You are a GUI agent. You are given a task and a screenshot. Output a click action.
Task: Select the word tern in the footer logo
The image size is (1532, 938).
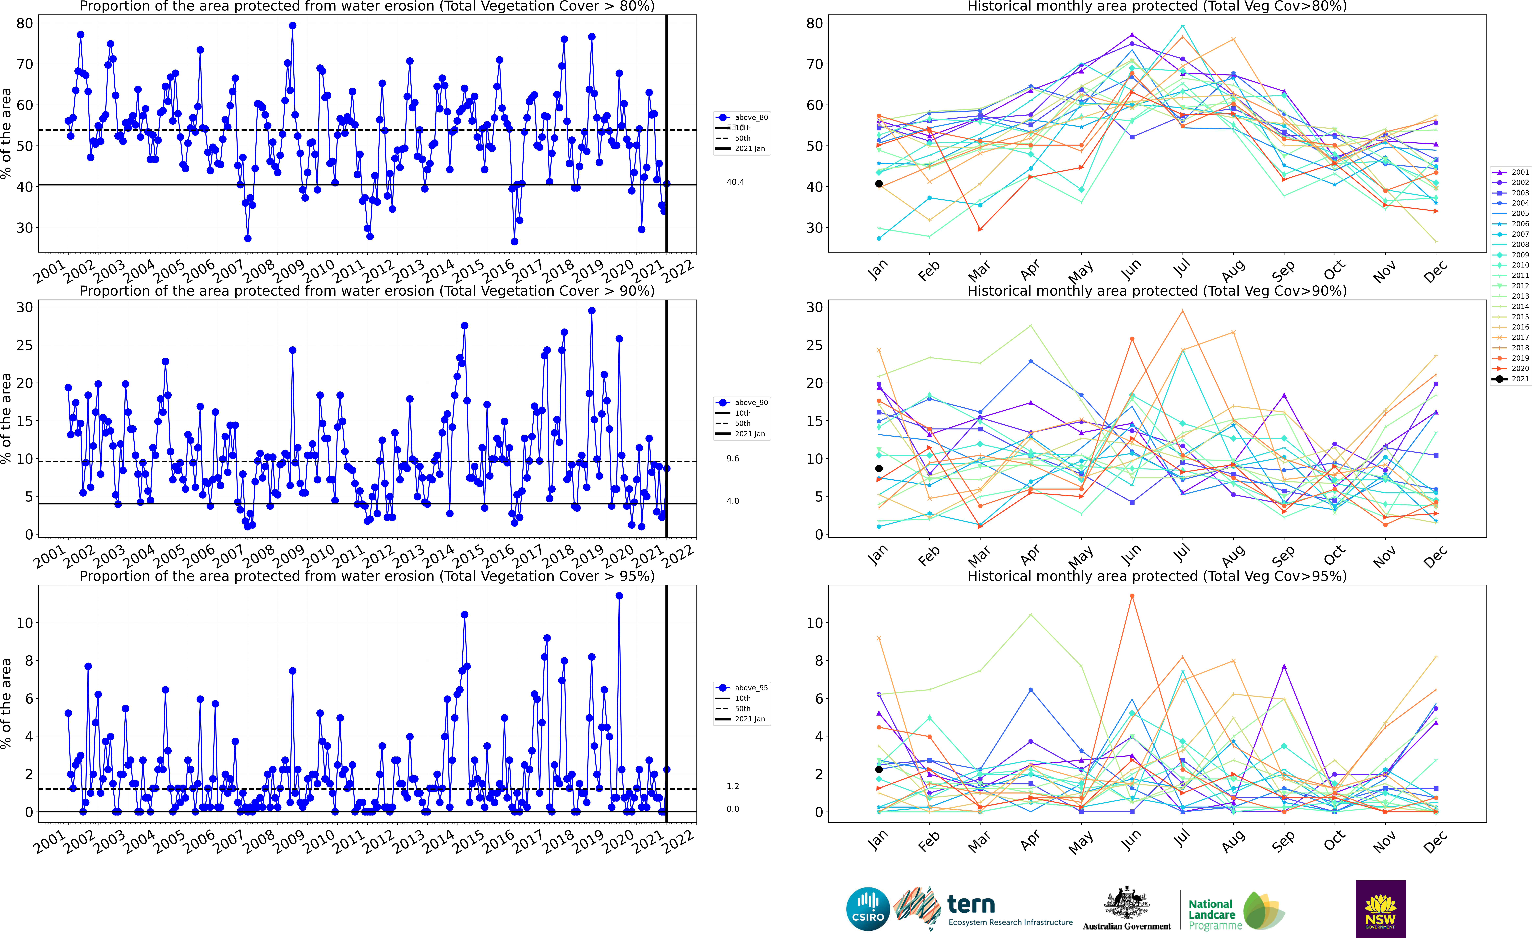click(x=971, y=904)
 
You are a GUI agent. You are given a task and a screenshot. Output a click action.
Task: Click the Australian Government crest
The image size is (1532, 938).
click(x=1127, y=903)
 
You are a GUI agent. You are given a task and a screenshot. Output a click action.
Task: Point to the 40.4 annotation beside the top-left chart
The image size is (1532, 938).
click(x=736, y=182)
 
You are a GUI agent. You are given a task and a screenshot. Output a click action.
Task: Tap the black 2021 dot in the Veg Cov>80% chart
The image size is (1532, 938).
click(x=879, y=183)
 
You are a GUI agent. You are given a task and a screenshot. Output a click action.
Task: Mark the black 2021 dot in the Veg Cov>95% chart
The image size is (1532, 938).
click(x=879, y=769)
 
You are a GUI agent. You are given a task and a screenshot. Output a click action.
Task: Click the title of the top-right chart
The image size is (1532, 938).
click(x=1157, y=7)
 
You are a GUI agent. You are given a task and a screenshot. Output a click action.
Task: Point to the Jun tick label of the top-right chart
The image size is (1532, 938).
click(x=1131, y=269)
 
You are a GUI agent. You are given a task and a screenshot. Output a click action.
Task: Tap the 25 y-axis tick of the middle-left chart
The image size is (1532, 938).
click(x=25, y=345)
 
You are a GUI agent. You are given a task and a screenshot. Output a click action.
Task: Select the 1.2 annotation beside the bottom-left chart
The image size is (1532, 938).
click(x=733, y=786)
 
